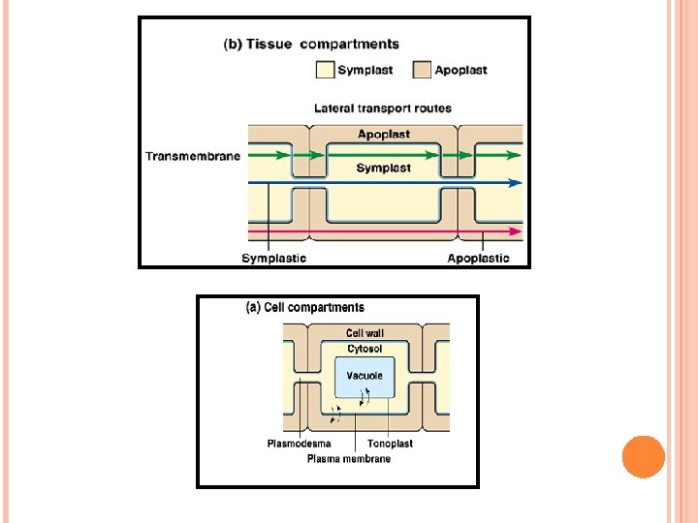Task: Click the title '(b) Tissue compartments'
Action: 311,44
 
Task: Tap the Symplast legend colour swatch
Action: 324,70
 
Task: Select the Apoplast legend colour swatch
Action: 422,70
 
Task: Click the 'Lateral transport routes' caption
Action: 383,108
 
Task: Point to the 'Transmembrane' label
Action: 193,156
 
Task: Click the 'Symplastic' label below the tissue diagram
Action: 273,258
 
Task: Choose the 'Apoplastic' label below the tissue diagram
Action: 478,258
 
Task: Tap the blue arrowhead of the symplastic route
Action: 516,182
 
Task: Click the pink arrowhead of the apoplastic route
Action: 516,231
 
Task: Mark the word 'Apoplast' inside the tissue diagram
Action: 384,135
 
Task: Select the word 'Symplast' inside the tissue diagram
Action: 383,168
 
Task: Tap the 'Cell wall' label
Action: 365,333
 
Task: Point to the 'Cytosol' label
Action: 365,349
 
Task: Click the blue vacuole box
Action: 365,377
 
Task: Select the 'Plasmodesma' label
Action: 299,444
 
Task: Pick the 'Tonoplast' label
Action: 391,444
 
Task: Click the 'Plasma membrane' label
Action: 348,458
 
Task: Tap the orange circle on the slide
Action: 643,457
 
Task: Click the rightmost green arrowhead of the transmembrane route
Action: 515,154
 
